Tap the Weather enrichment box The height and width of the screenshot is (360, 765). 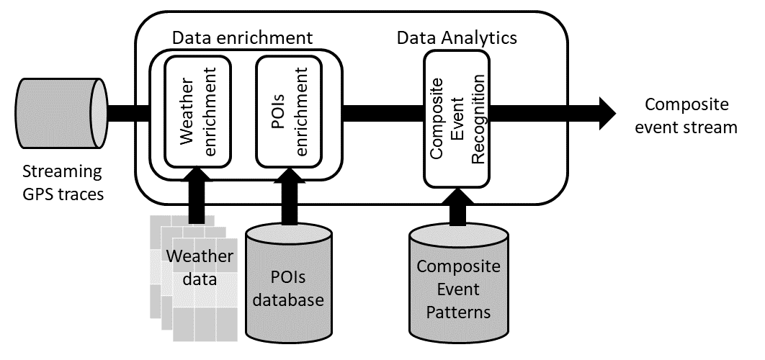(197, 112)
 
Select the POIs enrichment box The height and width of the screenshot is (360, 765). (289, 112)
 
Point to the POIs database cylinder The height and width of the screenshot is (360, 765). (289, 282)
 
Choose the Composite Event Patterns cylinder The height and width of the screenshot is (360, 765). (458, 283)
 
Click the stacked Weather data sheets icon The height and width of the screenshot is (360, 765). (193, 278)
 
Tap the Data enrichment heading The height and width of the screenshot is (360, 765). (243, 37)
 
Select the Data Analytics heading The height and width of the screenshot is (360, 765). (457, 37)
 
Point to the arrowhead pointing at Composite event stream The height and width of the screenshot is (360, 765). (608, 113)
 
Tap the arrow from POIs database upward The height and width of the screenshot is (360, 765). (289, 197)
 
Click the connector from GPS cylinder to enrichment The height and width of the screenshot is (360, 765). (127, 113)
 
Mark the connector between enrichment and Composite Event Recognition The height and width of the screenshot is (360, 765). (383, 113)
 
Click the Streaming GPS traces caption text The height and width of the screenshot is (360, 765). (63, 183)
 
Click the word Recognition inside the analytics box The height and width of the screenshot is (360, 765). (478, 118)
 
